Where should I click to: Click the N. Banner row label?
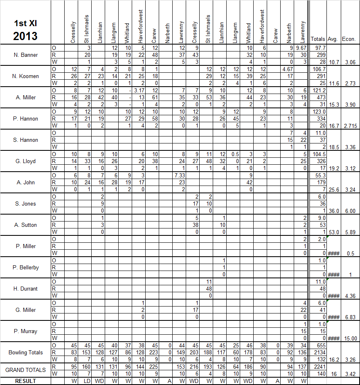[x=26, y=55]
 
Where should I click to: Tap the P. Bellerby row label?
[x=26, y=267]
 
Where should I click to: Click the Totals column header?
[x=318, y=39]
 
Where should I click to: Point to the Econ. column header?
[x=350, y=39]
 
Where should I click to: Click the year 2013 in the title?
[x=25, y=36]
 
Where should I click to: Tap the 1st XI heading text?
[x=25, y=22]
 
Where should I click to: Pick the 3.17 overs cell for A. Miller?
[x=139, y=91]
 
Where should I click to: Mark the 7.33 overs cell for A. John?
[x=180, y=176]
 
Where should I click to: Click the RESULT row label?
[x=25, y=381]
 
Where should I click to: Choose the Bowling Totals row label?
[x=25, y=352]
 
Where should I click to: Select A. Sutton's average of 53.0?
[x=333, y=232]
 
